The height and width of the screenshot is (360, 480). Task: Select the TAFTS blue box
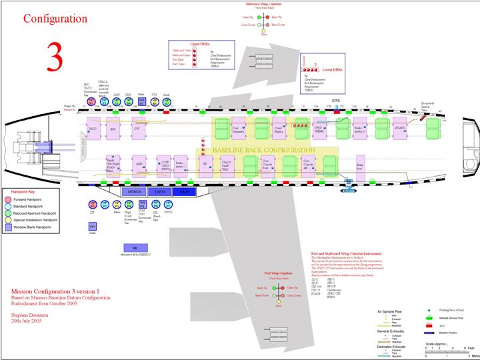click(160, 191)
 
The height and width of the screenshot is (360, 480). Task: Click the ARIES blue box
click(185, 191)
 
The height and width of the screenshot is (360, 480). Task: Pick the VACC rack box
click(93, 129)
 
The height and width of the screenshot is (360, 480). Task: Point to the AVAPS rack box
click(399, 128)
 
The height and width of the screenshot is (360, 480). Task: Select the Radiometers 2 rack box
click(360, 128)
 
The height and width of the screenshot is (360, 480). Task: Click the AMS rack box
click(139, 163)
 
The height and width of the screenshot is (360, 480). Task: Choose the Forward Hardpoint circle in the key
click(8, 199)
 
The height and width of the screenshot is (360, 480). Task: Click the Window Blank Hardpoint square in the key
click(8, 226)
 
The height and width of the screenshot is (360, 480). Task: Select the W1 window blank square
click(93, 227)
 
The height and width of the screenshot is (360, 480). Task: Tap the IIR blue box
click(135, 248)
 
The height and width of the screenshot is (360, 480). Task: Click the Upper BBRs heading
click(192, 43)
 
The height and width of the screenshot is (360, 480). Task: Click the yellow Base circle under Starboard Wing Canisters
click(264, 30)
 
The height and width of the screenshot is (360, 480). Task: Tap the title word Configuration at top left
click(55, 19)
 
